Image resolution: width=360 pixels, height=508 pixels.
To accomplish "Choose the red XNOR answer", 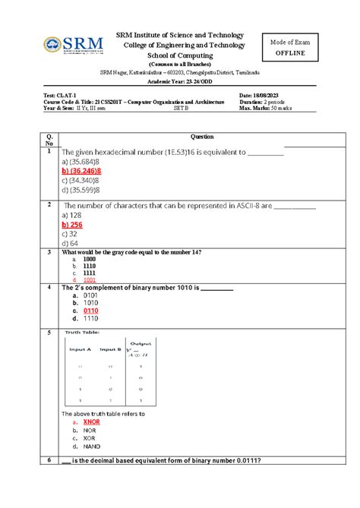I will click(93, 421).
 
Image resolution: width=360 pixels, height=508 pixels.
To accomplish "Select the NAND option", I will click(93, 447).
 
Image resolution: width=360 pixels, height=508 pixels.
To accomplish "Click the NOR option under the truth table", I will click(90, 431).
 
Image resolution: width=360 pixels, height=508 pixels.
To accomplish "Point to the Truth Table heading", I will click(84, 332).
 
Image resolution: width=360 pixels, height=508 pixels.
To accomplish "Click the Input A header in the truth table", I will click(79, 349).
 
